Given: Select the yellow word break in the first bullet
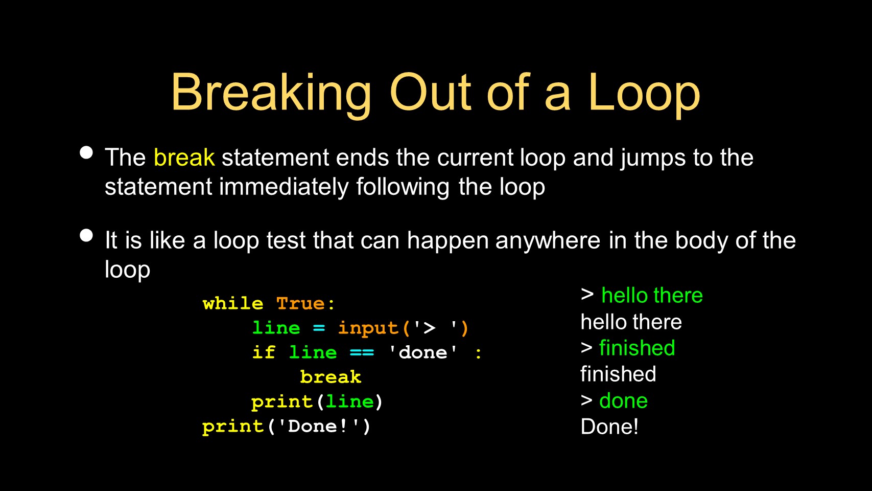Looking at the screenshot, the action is pos(184,158).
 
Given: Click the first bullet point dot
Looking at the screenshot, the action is pos(86,152).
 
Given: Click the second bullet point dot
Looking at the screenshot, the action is pos(86,235).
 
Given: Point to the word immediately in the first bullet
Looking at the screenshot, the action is pos(284,187).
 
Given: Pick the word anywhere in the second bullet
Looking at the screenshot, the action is pos(548,241).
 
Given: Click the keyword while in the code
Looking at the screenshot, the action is pos(233,304).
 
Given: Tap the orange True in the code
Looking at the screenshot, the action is pos(300,304).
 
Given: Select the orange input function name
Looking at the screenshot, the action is pos(368,328).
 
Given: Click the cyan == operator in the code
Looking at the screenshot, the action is pos(362,353).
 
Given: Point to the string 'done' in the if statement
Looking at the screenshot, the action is pos(423,352).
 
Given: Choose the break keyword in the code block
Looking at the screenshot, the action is pos(331,377).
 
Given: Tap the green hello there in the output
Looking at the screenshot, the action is pos(652,296).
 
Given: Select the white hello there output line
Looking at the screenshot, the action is pos(631,322).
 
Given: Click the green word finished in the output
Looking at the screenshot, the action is pos(637,348).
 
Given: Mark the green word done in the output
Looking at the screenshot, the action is pos(623,400).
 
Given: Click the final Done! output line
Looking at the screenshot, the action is pos(609,427).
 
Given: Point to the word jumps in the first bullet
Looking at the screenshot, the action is pos(653,158).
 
